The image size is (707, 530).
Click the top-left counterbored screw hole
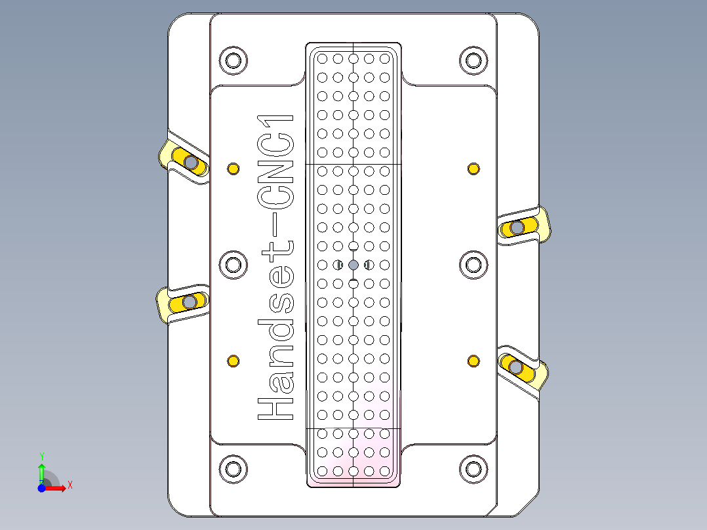click(233, 60)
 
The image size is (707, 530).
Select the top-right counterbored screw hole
click(473, 60)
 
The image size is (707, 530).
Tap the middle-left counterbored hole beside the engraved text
click(233, 265)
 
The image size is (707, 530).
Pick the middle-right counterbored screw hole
click(473, 265)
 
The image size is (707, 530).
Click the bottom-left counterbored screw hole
click(233, 468)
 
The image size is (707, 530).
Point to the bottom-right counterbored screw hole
click(473, 468)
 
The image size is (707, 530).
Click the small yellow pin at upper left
click(233, 169)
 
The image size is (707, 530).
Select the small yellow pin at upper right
click(473, 169)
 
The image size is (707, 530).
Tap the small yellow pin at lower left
click(233, 361)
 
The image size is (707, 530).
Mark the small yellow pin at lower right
click(473, 361)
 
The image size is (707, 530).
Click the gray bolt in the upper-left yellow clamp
click(191, 162)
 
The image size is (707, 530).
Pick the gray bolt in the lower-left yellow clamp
click(190, 302)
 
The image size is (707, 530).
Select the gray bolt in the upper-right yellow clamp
click(517, 228)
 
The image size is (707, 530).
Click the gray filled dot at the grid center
click(353, 265)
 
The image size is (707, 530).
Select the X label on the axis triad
click(70, 485)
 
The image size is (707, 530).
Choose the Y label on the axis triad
click(42, 455)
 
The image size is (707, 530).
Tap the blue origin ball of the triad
click(41, 488)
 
